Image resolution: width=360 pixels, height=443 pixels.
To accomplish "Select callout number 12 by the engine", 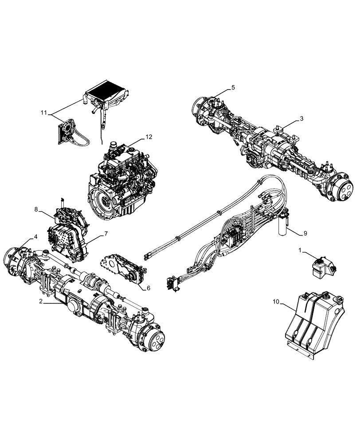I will [x=149, y=137].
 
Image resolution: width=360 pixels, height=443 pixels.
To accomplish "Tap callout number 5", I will [x=233, y=88].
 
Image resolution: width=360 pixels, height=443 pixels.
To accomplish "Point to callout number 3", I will [x=301, y=118].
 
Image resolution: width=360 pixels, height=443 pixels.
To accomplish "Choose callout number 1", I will [x=300, y=251].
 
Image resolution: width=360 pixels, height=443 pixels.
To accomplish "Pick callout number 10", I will [x=276, y=302].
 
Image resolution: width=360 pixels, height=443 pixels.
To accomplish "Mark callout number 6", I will [x=149, y=288].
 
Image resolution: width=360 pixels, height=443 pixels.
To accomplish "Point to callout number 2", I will [x=40, y=302].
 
